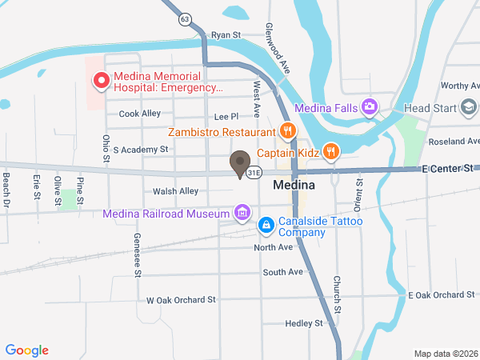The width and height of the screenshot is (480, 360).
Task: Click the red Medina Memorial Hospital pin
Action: click(x=102, y=80)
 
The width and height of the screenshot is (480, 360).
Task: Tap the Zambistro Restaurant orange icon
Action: click(x=288, y=131)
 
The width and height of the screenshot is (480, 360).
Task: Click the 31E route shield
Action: click(x=254, y=172)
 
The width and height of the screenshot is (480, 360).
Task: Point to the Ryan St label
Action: click(x=226, y=35)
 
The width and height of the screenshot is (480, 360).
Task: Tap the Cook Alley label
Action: click(x=140, y=114)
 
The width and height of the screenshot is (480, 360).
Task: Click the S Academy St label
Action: click(x=141, y=149)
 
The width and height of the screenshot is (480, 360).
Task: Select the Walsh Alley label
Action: click(x=175, y=191)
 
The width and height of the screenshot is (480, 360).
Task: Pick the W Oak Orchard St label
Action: click(x=181, y=300)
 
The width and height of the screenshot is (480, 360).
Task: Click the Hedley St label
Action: click(x=303, y=323)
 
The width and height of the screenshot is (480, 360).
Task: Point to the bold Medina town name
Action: click(x=294, y=184)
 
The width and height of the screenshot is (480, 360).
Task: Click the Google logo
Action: click(x=27, y=350)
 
